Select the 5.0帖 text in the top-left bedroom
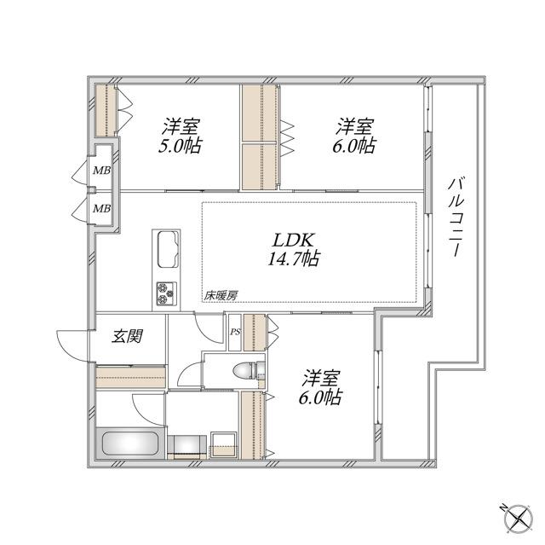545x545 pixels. [180, 146]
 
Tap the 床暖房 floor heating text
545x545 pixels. [220, 295]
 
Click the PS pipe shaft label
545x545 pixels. [234, 333]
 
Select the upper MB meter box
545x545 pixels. [101, 169]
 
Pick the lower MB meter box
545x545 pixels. [101, 208]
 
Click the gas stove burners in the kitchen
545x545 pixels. [164, 295]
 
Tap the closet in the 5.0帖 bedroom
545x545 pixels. [104, 111]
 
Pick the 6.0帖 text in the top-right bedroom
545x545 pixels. [354, 146]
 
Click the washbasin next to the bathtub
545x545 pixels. [225, 442]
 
